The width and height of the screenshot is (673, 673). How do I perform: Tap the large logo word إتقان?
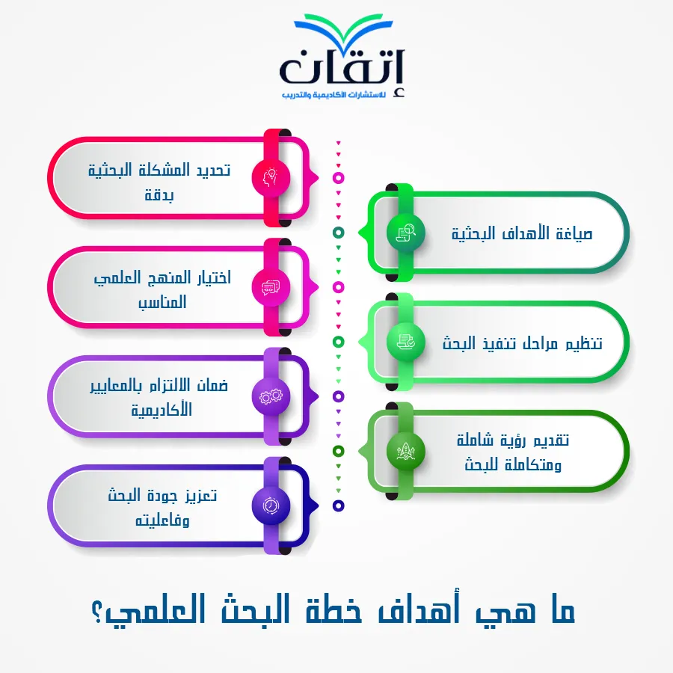click(x=342, y=68)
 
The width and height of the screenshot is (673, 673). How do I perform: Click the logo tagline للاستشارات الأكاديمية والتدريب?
click(x=334, y=94)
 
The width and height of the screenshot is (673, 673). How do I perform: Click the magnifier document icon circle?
click(x=405, y=233)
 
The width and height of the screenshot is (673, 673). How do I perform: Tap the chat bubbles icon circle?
click(x=271, y=287)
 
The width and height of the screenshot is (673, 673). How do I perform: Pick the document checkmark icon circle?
click(x=405, y=342)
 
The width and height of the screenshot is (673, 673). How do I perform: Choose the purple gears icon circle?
click(x=271, y=396)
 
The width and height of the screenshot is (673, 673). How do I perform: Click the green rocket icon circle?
click(x=405, y=451)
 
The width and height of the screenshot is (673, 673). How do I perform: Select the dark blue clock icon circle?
click(x=271, y=505)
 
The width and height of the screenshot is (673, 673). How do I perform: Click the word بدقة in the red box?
click(x=159, y=195)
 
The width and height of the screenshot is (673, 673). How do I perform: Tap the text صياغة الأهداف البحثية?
click(x=522, y=233)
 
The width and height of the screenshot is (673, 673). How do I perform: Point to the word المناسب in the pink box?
click(x=162, y=302)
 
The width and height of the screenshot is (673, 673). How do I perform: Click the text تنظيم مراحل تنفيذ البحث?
click(x=523, y=343)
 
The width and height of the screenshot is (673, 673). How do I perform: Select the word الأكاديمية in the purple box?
click(x=162, y=409)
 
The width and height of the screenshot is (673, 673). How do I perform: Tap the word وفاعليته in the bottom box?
click(x=162, y=520)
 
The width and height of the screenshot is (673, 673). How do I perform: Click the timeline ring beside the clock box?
click(x=338, y=505)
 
